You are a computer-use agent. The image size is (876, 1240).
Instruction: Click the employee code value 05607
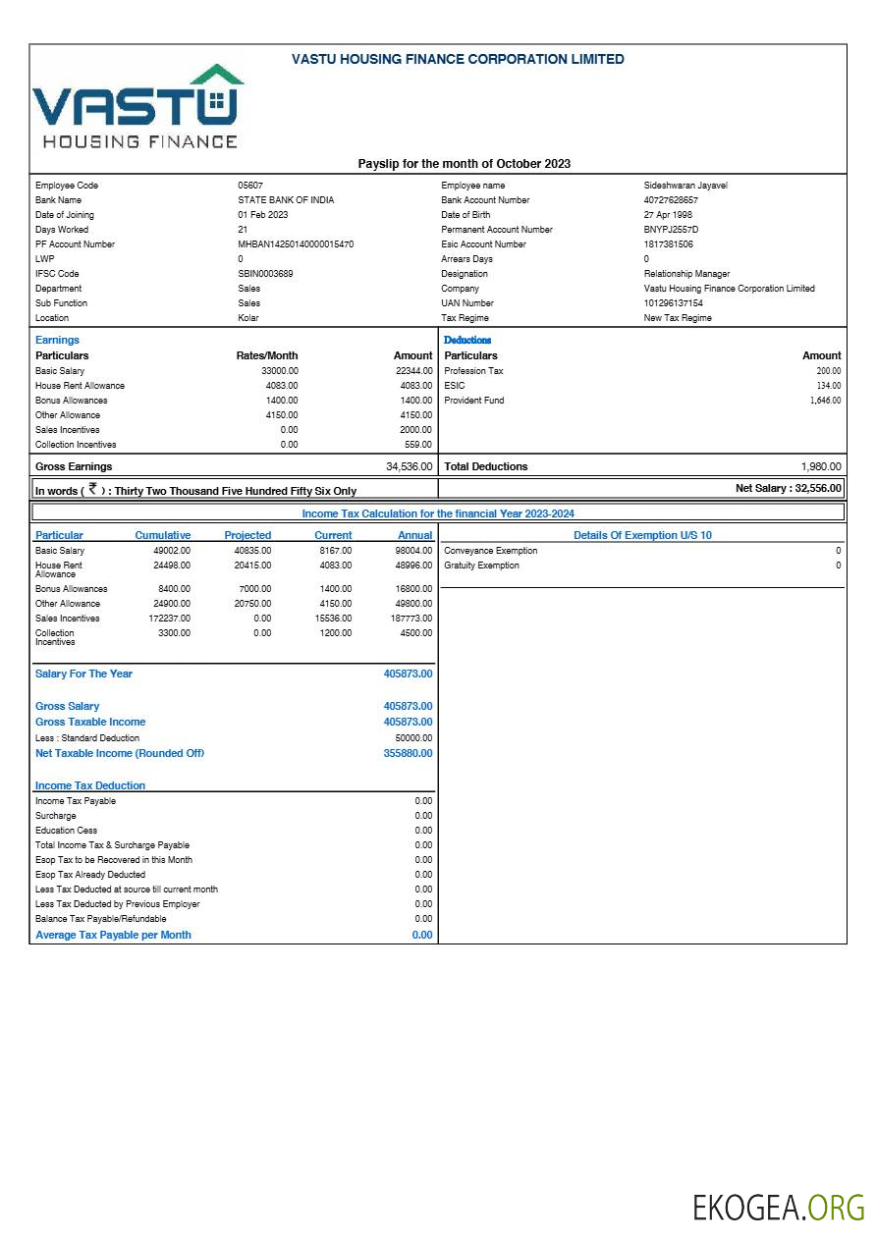tap(250, 186)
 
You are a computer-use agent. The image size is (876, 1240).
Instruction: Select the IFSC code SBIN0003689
tap(265, 274)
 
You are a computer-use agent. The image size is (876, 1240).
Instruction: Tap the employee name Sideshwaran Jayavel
tap(685, 186)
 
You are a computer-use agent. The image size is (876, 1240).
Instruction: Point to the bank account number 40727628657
tap(671, 200)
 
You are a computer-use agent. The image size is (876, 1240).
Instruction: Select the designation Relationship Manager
tap(686, 274)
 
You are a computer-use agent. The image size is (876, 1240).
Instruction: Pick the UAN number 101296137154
tap(673, 303)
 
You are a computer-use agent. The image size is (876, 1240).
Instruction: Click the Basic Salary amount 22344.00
tap(412, 371)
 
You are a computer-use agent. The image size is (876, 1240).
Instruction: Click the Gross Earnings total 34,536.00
tap(409, 466)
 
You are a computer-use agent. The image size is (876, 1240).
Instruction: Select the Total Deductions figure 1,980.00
tap(821, 466)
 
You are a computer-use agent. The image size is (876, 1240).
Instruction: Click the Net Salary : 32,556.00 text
tap(788, 488)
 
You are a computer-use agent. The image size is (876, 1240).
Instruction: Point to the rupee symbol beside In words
tap(92, 488)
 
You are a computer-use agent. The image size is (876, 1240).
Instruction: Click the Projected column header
tap(247, 535)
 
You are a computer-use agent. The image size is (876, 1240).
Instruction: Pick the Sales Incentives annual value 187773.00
tap(412, 619)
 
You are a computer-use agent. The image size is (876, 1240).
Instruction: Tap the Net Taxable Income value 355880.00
tap(408, 753)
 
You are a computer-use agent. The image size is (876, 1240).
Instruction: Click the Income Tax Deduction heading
tap(90, 785)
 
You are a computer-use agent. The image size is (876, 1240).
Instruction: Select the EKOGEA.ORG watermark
tap(778, 1208)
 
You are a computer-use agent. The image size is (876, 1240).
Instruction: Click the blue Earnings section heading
tap(57, 340)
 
